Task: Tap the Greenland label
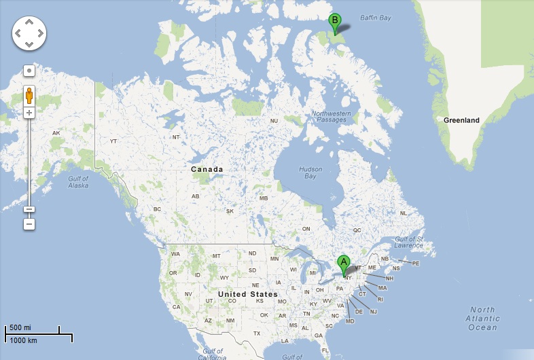click(x=461, y=120)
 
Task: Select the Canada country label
click(x=207, y=169)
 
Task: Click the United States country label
click(x=247, y=294)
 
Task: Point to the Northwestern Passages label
click(x=331, y=116)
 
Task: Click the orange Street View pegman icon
click(x=29, y=95)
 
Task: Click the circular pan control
click(x=29, y=33)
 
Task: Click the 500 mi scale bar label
click(x=20, y=327)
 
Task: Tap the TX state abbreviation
click(x=257, y=334)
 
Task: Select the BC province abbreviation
click(x=158, y=209)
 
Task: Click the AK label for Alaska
click(x=56, y=132)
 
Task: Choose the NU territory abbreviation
click(x=274, y=121)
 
